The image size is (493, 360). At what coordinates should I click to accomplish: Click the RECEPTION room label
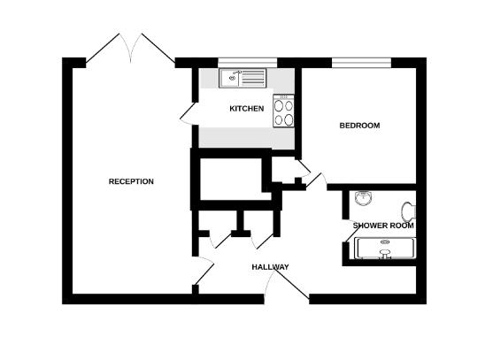click(131, 182)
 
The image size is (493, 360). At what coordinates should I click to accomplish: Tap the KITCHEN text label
click(246, 109)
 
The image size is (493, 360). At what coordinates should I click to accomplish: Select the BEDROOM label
click(359, 126)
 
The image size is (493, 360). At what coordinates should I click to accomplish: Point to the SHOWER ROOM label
click(383, 226)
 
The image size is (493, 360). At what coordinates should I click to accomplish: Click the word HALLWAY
click(270, 267)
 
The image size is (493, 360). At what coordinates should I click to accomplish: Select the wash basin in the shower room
click(362, 199)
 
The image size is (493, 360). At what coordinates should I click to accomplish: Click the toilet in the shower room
click(408, 212)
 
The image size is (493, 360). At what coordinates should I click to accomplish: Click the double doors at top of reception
click(131, 49)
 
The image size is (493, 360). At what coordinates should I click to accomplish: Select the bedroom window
click(361, 62)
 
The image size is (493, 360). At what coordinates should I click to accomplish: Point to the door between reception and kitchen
click(188, 113)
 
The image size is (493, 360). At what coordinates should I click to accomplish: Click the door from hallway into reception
click(203, 270)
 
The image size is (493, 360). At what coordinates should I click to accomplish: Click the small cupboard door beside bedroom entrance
click(300, 168)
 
